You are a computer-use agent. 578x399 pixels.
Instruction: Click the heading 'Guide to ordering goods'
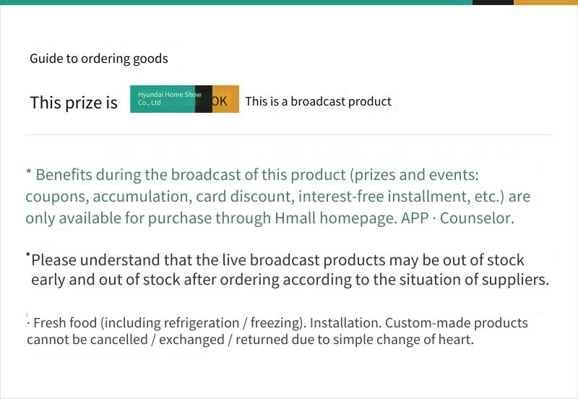tap(99, 59)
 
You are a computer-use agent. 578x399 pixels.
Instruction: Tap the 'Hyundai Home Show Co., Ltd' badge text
tap(170, 98)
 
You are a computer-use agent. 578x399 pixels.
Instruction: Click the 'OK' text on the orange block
tap(220, 101)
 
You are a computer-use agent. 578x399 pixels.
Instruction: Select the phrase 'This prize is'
tap(74, 103)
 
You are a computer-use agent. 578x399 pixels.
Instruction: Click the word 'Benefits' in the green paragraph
tap(64, 174)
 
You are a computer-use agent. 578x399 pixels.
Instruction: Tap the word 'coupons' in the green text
tap(57, 197)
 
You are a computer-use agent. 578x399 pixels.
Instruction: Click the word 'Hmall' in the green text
tap(296, 218)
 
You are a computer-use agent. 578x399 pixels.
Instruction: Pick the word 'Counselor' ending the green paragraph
tap(477, 218)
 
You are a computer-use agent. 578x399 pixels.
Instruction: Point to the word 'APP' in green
tap(415, 218)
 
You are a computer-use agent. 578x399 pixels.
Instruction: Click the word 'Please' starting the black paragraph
tap(53, 260)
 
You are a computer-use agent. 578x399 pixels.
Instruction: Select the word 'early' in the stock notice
tap(48, 280)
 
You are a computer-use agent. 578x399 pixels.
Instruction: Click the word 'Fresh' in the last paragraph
tap(50, 322)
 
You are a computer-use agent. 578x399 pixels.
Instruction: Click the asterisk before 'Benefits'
tap(28, 171)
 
